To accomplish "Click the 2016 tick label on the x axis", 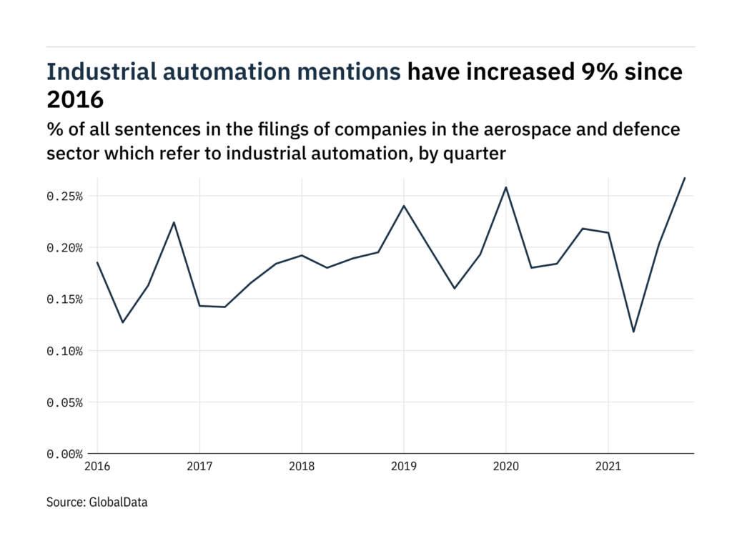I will pyautogui.click(x=97, y=467).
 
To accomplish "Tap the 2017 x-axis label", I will pyautogui.click(x=199, y=467).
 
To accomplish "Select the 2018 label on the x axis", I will pyautogui.click(x=301, y=467).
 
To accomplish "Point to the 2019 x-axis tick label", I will pyautogui.click(x=403, y=467).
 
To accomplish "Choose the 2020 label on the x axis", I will pyautogui.click(x=505, y=467).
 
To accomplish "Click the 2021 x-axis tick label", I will pyautogui.click(x=608, y=467).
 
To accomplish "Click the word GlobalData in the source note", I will pyautogui.click(x=118, y=502).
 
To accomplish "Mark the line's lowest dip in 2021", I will pyautogui.click(x=633, y=332).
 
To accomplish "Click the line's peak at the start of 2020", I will pyautogui.click(x=506, y=187).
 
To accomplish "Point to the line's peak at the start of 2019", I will pyautogui.click(x=404, y=206).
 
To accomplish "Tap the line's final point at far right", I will pyautogui.click(x=685, y=178).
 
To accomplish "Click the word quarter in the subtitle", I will pyautogui.click(x=479, y=153).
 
